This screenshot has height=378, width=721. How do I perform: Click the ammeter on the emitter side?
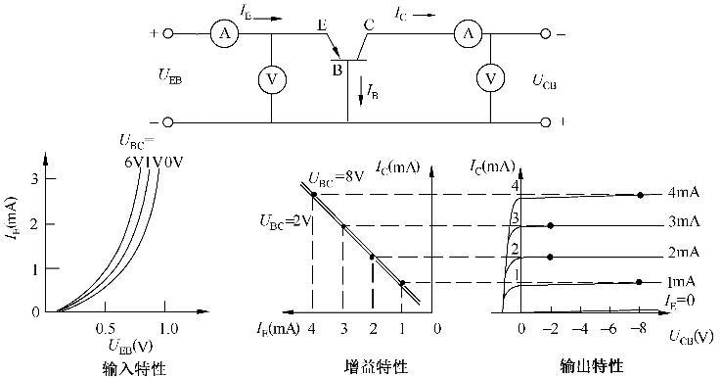[x=224, y=33]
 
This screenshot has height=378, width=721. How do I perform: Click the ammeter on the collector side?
[x=468, y=33]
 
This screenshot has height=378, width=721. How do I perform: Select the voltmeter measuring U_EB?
[x=271, y=79]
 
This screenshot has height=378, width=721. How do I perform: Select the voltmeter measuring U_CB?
[x=490, y=78]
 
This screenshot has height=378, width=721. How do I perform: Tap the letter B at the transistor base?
[x=338, y=71]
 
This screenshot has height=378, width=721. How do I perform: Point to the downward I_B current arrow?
[x=361, y=92]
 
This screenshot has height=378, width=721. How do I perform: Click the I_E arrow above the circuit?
[x=267, y=19]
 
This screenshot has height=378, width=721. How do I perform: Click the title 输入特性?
[x=133, y=368]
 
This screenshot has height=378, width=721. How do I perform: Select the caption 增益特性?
[x=376, y=367]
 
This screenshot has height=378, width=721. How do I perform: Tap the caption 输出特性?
[x=591, y=366]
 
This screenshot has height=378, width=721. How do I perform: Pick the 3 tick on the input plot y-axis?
[x=34, y=178]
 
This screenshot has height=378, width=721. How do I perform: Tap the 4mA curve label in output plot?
[x=683, y=193]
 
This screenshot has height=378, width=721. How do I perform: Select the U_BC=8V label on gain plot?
[x=336, y=177]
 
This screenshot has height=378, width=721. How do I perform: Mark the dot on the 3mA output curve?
[x=550, y=225]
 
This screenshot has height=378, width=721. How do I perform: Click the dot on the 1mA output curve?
[x=639, y=282]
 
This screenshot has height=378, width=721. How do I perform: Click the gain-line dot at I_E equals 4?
[x=313, y=194]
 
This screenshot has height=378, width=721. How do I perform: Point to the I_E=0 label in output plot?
[x=679, y=301]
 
